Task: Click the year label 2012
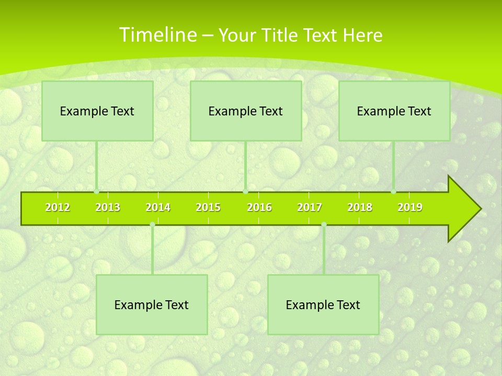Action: pyautogui.click(x=58, y=207)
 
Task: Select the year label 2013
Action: pyautogui.click(x=108, y=207)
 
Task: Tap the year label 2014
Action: pyautogui.click(x=158, y=207)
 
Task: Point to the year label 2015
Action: pyautogui.click(x=208, y=207)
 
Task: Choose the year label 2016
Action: pyautogui.click(x=259, y=207)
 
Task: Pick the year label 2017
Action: pyautogui.click(x=310, y=207)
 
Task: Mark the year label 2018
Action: pyautogui.click(x=360, y=207)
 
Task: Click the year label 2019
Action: pyautogui.click(x=410, y=207)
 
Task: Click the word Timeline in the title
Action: pyautogui.click(x=157, y=35)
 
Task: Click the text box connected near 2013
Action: pyautogui.click(x=97, y=111)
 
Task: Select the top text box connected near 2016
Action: pyautogui.click(x=246, y=111)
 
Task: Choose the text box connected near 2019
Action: pyautogui.click(x=394, y=111)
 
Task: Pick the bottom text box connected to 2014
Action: pyautogui.click(x=152, y=305)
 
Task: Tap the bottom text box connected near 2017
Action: pyautogui.click(x=323, y=305)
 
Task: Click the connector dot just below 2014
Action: pyautogui.click(x=152, y=225)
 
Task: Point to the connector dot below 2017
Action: pyautogui.click(x=324, y=225)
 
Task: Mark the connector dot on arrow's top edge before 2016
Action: pyautogui.click(x=245, y=192)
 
